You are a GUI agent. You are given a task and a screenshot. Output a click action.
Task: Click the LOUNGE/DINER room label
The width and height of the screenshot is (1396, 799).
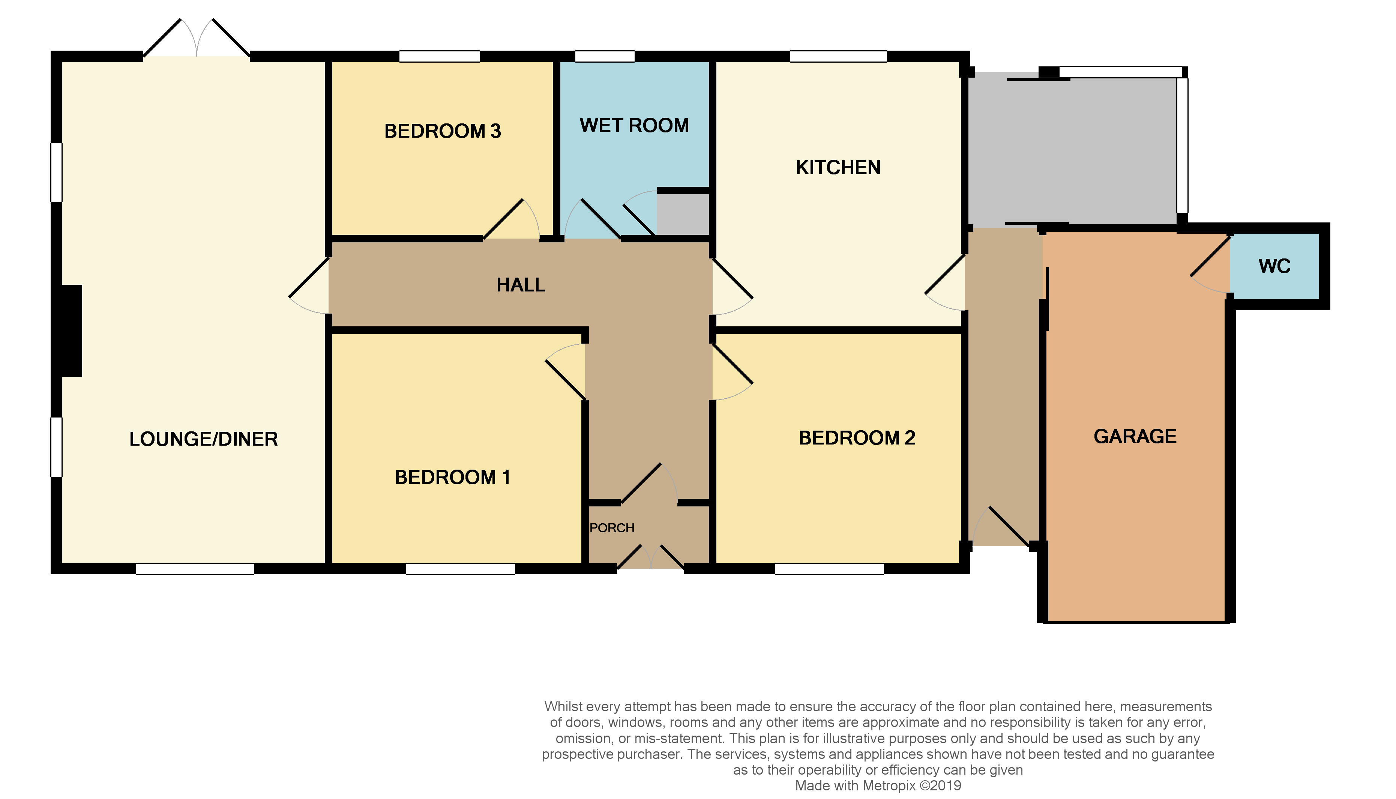pyautogui.click(x=204, y=439)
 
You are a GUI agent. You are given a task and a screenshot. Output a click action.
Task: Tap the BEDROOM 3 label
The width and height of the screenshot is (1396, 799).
pyautogui.click(x=442, y=131)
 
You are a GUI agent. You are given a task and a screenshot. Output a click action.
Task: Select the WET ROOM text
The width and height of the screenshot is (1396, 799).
pyautogui.click(x=634, y=126)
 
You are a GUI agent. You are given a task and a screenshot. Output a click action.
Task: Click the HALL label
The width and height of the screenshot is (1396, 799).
pyautogui.click(x=521, y=285)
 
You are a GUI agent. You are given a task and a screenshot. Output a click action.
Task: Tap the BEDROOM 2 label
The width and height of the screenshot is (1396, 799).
pyautogui.click(x=857, y=438)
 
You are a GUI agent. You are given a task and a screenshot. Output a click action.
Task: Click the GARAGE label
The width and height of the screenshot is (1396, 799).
pyautogui.click(x=1135, y=436)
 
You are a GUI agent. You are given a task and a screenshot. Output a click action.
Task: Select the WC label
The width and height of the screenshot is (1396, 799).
pyautogui.click(x=1274, y=266)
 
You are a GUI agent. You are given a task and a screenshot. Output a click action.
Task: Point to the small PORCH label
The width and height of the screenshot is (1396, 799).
pyautogui.click(x=612, y=528)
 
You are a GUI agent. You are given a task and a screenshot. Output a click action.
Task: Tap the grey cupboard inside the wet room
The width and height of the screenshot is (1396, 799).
pyautogui.click(x=683, y=215)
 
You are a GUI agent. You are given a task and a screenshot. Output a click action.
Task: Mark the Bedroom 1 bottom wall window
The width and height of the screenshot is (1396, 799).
pyautogui.click(x=460, y=569)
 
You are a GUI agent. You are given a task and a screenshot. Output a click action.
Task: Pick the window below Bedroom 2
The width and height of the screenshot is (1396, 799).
pyautogui.click(x=829, y=569)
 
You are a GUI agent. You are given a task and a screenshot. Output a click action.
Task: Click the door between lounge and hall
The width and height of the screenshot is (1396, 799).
pyautogui.click(x=309, y=278)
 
